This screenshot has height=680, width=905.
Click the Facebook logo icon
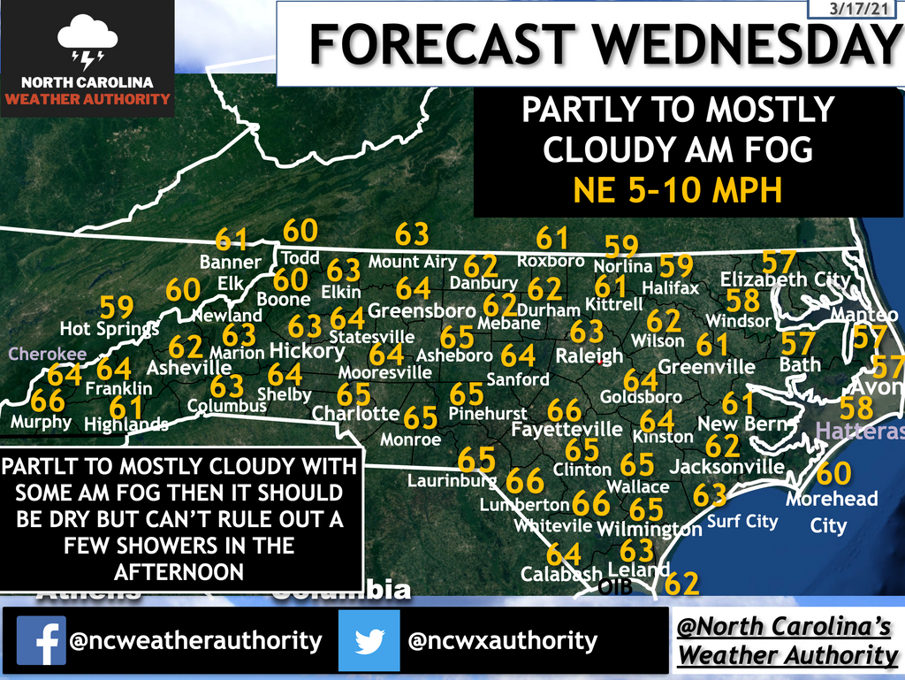point(42,640)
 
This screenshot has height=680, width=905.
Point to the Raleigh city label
point(589,355)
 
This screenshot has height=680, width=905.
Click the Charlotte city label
point(355,413)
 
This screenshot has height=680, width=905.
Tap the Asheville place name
point(189,367)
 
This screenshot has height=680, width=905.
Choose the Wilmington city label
point(650,529)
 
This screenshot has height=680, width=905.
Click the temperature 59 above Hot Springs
point(117,306)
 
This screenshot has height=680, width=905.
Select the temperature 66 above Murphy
point(48,399)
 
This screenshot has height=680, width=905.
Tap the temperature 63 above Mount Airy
point(412,234)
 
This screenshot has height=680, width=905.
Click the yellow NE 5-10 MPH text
point(678,190)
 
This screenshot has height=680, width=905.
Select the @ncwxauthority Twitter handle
point(502,640)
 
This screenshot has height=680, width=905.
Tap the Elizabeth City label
point(785,280)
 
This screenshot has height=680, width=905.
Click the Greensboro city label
point(422,311)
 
